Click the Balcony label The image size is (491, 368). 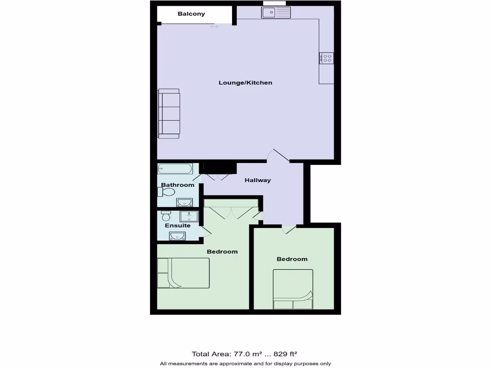tap(191, 14)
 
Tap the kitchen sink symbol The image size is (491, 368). tap(276, 12)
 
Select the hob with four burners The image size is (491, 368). tap(327, 58)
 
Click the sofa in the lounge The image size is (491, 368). tap(169, 114)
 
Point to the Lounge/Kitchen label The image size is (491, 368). tap(245, 83)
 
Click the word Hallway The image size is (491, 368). tap(257, 181)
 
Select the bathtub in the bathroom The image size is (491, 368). tap(175, 169)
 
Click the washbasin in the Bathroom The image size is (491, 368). tap(184, 202)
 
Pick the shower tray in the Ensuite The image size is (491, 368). tap(189, 216)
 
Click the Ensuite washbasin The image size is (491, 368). tap(177, 235)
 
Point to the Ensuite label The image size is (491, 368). tap(177, 226)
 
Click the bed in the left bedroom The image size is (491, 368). tap(183, 273)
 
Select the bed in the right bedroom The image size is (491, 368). tap(293, 289)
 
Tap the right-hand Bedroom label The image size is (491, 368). tap(292, 259)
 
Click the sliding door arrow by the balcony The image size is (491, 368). tap(214, 27)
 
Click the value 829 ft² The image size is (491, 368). tap(285, 355)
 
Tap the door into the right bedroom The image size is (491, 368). tap(289, 230)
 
